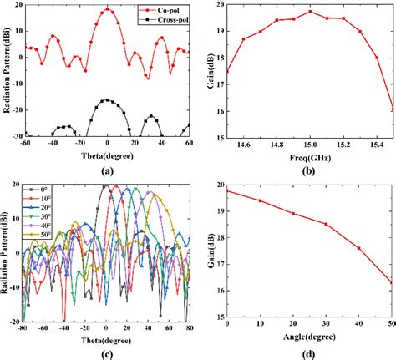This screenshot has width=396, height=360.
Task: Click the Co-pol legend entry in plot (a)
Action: [x=159, y=8]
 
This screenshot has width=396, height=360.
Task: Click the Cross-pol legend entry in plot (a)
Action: [x=159, y=17]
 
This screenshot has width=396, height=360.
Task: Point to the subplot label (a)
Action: [x=107, y=170]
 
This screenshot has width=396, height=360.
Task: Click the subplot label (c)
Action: [x=107, y=351]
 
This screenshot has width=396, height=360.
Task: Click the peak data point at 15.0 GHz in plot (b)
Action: [x=310, y=12]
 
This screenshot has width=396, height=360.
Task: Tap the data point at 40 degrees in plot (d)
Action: [x=359, y=248]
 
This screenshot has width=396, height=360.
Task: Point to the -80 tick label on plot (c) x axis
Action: [x=26, y=327]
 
